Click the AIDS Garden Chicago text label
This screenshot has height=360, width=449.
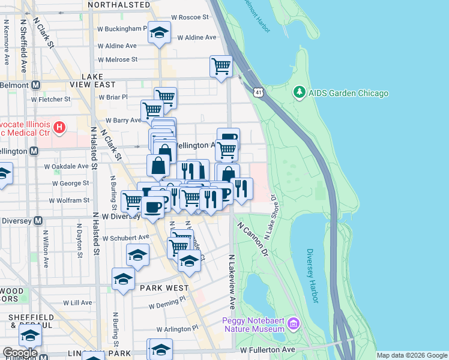(x=348, y=93)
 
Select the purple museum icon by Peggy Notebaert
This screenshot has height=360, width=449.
(x=294, y=324)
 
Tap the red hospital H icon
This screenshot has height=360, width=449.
(x=59, y=127)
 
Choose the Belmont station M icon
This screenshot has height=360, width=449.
(x=35, y=85)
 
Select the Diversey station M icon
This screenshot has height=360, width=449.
(x=38, y=220)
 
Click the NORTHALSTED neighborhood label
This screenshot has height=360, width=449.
(x=118, y=5)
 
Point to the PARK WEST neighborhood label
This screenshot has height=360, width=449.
(x=164, y=288)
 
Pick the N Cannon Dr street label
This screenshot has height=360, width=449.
(x=252, y=240)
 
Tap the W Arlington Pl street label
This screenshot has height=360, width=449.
(x=177, y=329)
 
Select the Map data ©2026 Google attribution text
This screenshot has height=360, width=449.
(x=412, y=355)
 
